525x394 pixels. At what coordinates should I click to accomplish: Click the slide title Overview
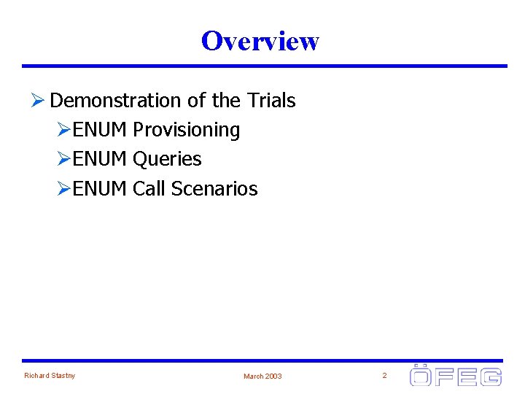point(260,41)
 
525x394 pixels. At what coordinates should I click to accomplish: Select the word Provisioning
point(186,130)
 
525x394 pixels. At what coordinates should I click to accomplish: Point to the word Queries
point(167,159)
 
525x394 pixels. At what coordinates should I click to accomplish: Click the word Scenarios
point(214,189)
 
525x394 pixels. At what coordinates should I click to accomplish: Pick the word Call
point(149,189)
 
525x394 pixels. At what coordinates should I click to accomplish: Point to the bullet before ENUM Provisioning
point(64,130)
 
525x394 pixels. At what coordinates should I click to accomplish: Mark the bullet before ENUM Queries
point(64,159)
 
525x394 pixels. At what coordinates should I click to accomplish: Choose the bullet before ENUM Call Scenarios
point(64,189)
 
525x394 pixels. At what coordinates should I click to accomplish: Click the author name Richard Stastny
point(50,376)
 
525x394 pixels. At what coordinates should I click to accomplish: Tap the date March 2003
point(262,376)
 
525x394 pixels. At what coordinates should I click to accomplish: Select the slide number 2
point(384,376)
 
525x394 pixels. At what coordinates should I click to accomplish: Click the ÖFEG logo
point(455,375)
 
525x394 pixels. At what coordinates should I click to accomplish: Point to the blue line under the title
point(264,66)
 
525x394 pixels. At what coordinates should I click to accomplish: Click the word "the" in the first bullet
point(226,100)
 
